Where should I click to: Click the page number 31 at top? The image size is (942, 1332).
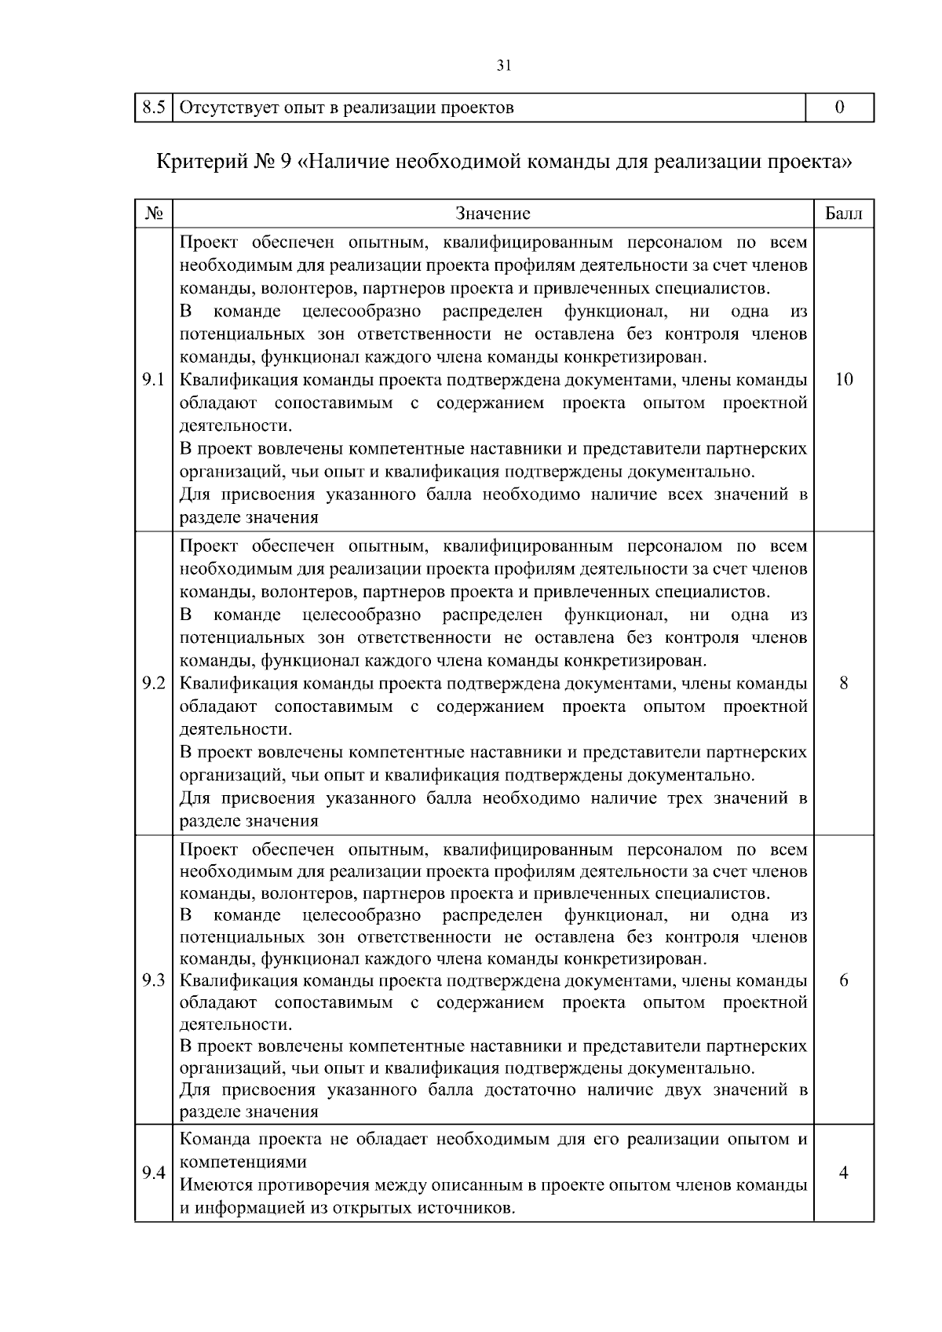point(504,66)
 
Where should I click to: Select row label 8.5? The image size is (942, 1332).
point(153,108)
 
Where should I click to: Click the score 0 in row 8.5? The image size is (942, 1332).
point(840,108)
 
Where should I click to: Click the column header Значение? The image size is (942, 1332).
point(493,213)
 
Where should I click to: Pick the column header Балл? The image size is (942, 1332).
point(843,213)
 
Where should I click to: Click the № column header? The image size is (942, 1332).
point(153,213)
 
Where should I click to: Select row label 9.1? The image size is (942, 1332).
point(153,381)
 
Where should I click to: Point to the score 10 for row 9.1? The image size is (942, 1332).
point(843,381)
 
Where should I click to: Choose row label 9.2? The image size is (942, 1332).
point(153,684)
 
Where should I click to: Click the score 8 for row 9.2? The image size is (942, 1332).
point(843,684)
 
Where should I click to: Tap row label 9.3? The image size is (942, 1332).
point(153,981)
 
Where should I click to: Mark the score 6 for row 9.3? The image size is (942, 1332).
point(843,981)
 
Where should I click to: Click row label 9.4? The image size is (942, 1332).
point(153,1173)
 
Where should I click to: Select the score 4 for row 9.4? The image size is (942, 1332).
point(843,1173)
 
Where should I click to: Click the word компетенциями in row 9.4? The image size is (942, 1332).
point(243,1162)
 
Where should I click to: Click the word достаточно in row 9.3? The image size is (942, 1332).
point(531,1089)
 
